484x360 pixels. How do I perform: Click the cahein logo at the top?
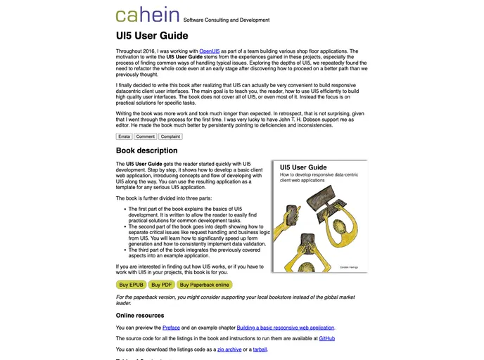(147, 15)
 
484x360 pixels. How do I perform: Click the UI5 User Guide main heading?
(152, 35)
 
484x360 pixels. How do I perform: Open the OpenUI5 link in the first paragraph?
(210, 51)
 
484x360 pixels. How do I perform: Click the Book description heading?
(146, 150)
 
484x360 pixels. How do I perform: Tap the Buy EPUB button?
(132, 285)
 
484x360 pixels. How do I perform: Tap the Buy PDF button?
(161, 285)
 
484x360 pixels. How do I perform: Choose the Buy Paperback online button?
(204, 285)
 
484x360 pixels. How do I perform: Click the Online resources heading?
(140, 316)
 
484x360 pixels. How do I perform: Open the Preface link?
(171, 328)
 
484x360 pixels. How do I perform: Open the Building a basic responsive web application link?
(286, 328)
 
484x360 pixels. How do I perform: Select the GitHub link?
(327, 338)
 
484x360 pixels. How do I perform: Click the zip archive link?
(230, 349)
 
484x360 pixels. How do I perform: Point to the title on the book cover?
(303, 167)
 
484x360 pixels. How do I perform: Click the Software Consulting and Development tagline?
(226, 20)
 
